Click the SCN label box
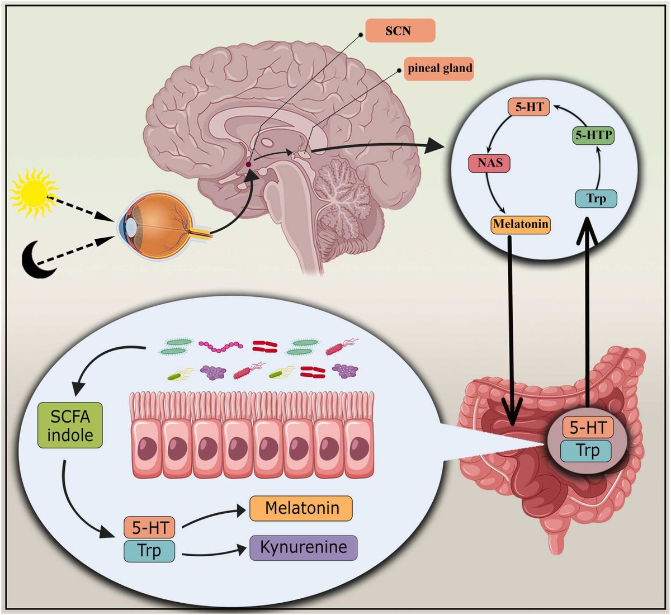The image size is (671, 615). [x=399, y=31]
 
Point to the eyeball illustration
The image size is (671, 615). [x=154, y=226]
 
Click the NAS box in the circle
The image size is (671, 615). [x=489, y=164]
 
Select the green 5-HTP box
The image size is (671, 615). [x=594, y=135]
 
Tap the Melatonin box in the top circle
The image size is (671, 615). [x=521, y=224]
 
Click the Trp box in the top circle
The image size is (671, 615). [x=596, y=198]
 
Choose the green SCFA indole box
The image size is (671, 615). [x=70, y=425]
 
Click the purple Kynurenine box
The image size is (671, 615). [x=303, y=548]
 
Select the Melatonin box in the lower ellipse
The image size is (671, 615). [x=301, y=509]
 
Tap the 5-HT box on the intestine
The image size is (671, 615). [x=587, y=428]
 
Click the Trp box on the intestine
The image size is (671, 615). [x=587, y=450]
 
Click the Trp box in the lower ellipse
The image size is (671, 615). [x=149, y=551]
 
